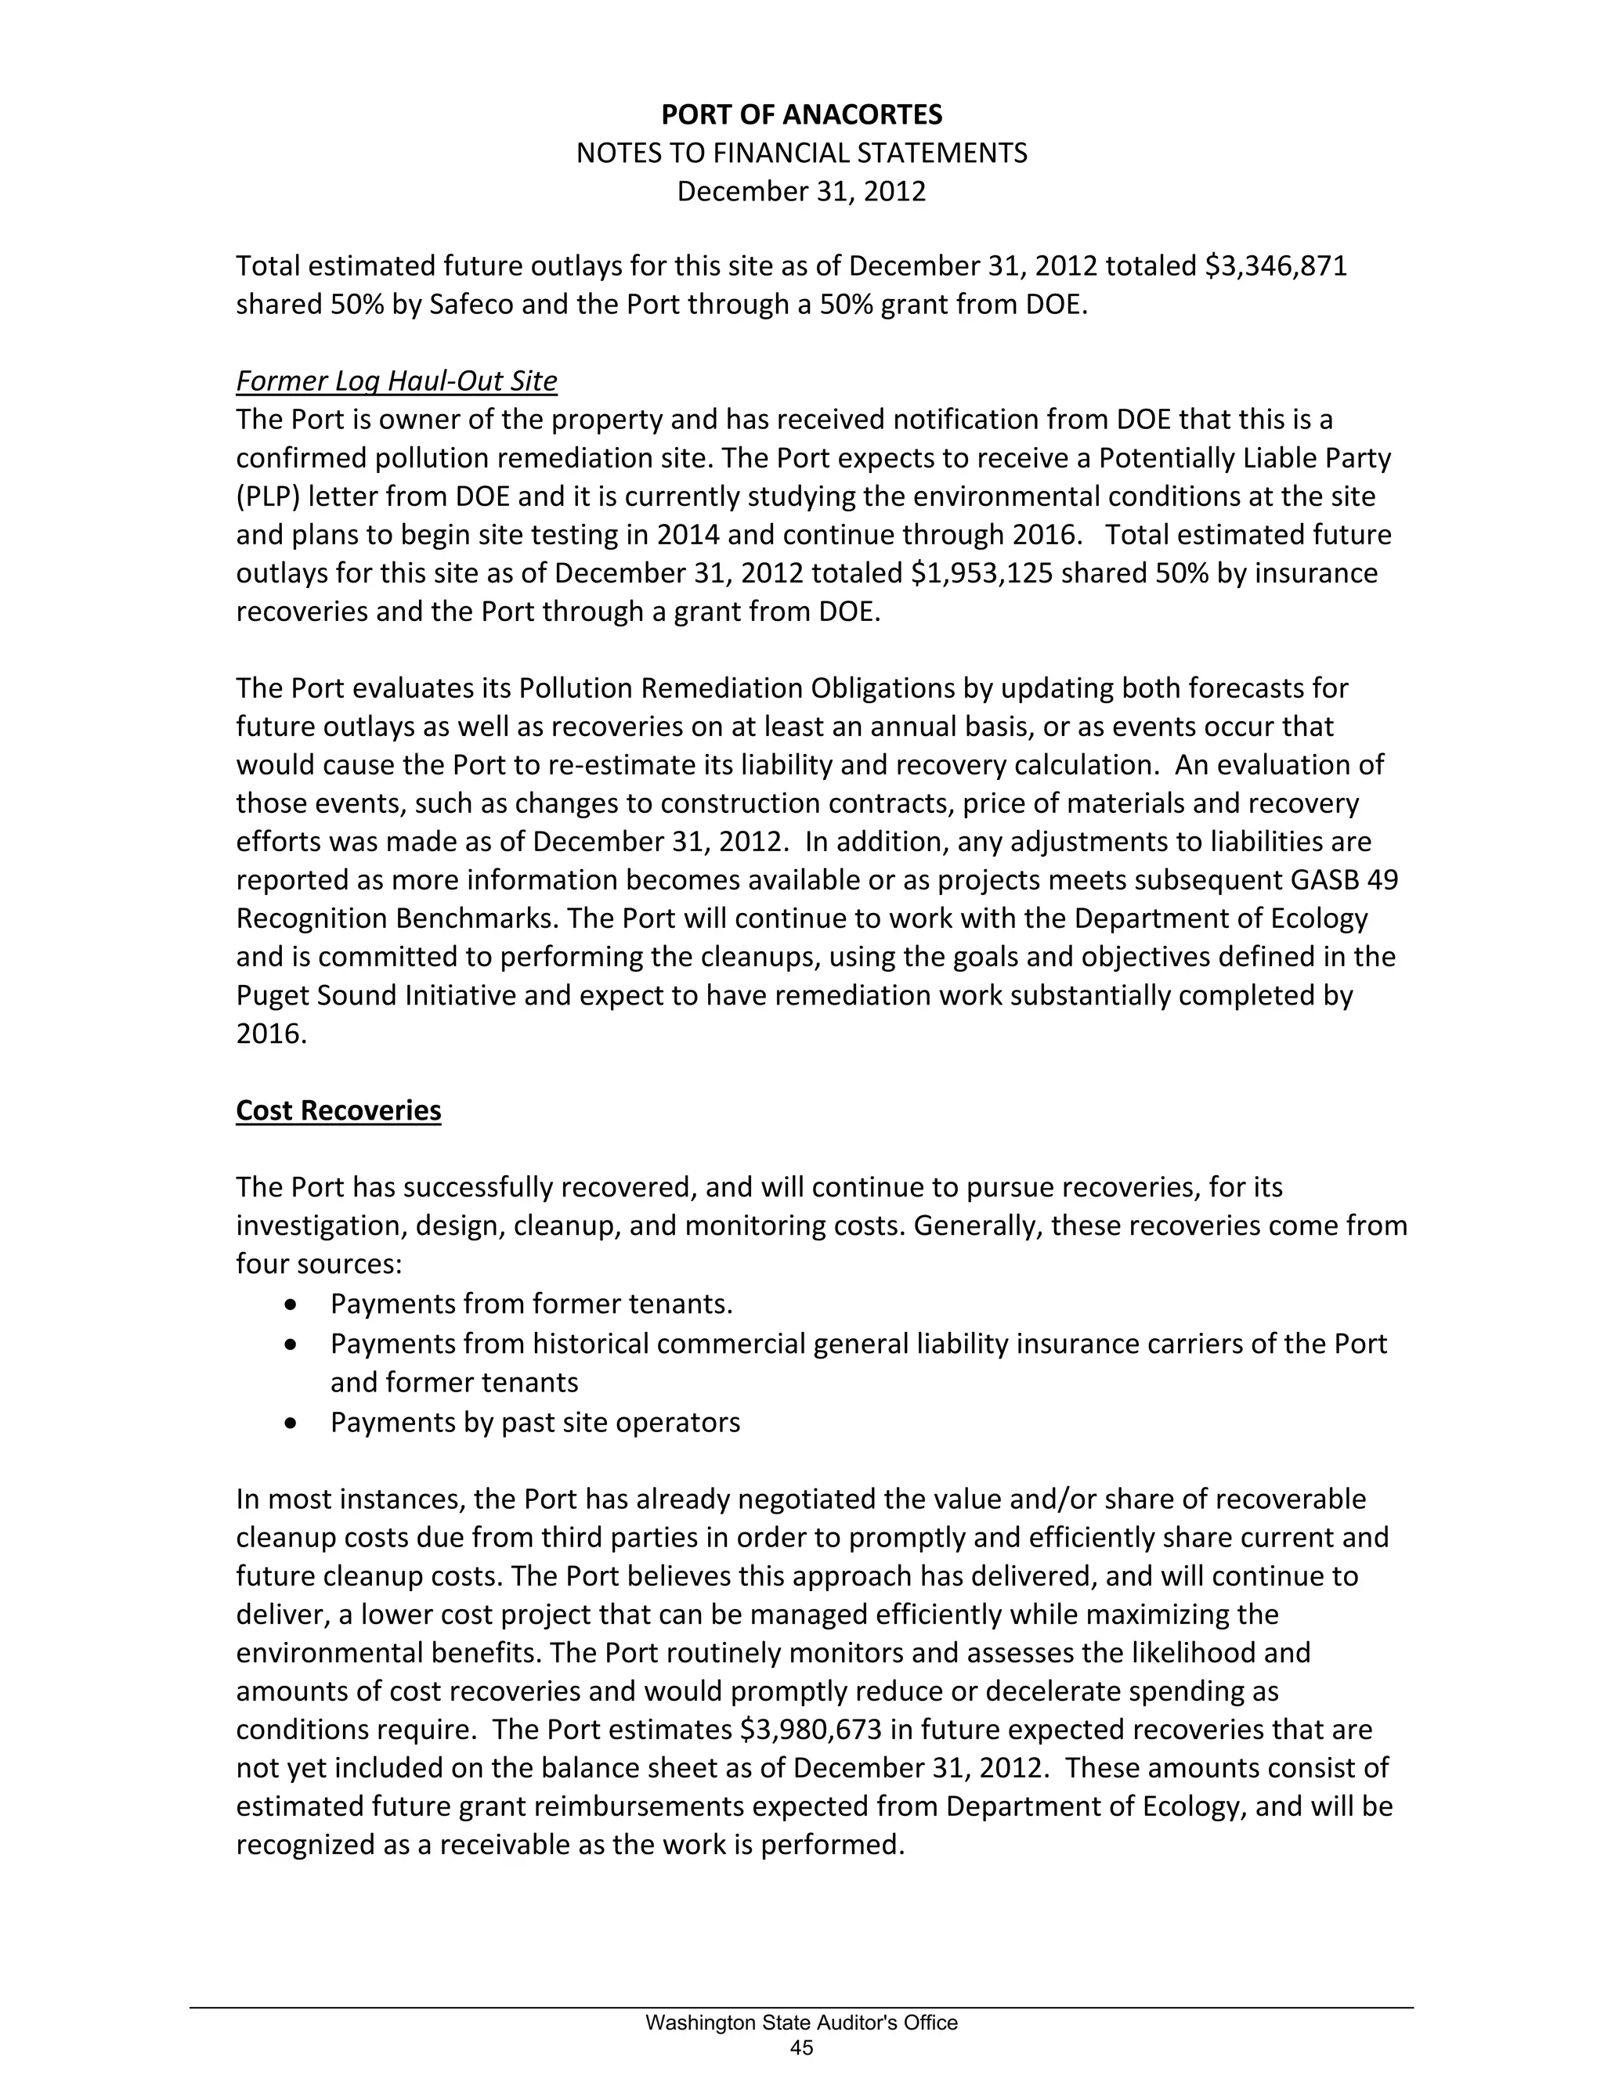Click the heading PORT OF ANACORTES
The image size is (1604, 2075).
click(x=801, y=115)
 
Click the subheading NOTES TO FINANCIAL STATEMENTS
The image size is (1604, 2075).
click(x=801, y=153)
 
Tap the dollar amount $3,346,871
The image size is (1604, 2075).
click(x=1275, y=266)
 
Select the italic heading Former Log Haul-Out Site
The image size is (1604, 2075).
click(x=396, y=381)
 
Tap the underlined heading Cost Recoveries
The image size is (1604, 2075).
click(x=338, y=1110)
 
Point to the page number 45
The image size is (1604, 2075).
click(x=801, y=2048)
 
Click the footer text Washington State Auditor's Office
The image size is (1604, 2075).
click(x=801, y=2023)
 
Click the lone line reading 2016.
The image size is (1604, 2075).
click(x=272, y=1034)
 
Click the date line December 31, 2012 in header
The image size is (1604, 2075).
click(x=801, y=192)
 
